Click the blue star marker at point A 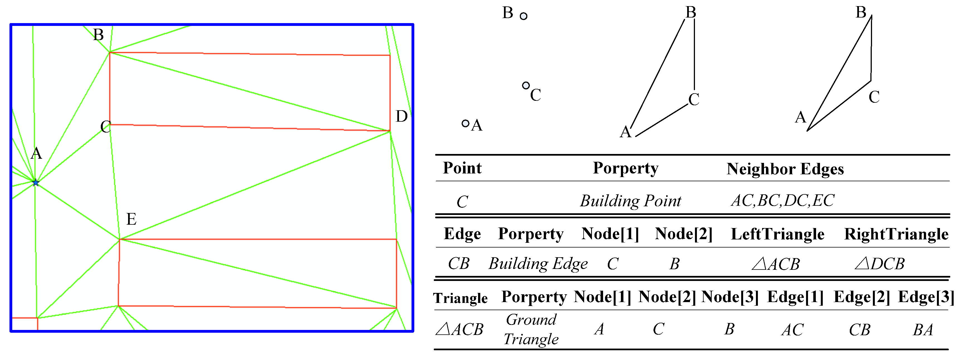coord(35,183)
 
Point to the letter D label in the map coord(401,116)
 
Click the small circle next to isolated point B coord(523,16)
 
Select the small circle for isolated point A coord(465,123)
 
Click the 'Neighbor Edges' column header coord(785,169)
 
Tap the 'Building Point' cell coord(631,201)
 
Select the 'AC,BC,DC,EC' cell coord(783,200)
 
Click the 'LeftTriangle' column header coord(777,234)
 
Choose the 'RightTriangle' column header coord(896,234)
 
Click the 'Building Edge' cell coord(538,263)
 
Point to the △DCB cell coord(880,263)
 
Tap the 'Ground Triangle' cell coord(531,329)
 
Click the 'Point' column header coord(462,168)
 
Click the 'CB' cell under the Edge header coord(459,263)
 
